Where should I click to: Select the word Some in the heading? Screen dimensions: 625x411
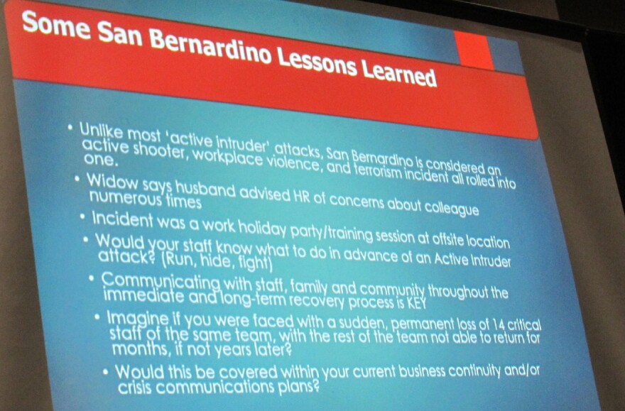pos(56,26)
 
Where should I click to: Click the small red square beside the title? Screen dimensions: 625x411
pos(474,49)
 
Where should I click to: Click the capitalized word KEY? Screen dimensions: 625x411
pos(416,304)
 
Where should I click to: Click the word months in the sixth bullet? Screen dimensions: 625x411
pos(133,349)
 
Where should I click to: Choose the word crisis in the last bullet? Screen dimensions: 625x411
pos(134,388)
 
